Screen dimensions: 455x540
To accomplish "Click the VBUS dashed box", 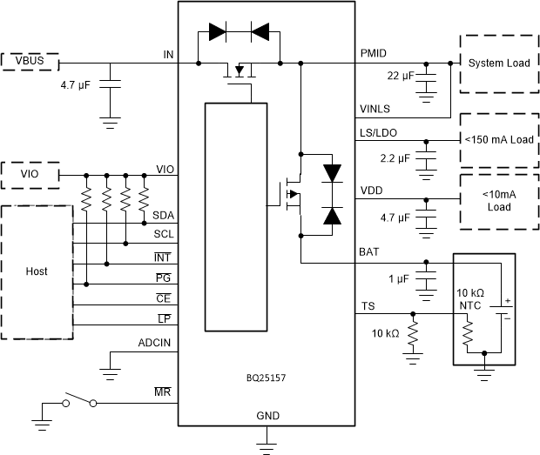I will pyautogui.click(x=30, y=61).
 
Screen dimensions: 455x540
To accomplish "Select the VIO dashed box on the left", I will pyautogui.click(x=30, y=175).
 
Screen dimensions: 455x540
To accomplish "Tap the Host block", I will pyautogui.click(x=37, y=271).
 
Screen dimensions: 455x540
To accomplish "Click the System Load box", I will pyautogui.click(x=498, y=64).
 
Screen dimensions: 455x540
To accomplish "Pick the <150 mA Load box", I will pyautogui.click(x=498, y=140).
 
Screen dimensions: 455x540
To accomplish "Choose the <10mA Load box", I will pyautogui.click(x=498, y=202).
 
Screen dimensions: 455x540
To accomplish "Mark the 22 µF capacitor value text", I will pyautogui.click(x=401, y=77).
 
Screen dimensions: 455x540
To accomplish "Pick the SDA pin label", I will pyautogui.click(x=162, y=215).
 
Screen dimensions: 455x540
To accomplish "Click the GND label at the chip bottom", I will pyautogui.click(x=267, y=417).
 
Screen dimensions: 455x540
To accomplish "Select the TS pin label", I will pyautogui.click(x=368, y=306).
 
